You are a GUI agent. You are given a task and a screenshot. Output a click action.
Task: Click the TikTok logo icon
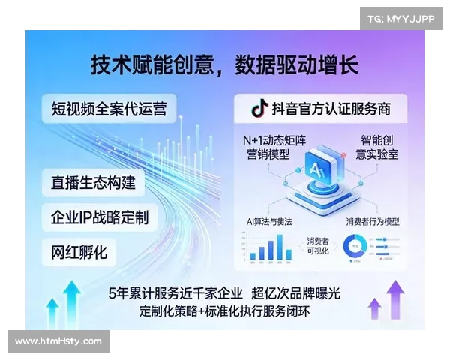coord(259,109)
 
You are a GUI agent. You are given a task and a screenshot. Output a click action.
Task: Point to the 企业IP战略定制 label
coord(99,217)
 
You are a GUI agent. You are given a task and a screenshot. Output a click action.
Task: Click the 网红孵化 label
coord(79,251)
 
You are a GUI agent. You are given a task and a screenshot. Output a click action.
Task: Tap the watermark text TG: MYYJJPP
coord(401,17)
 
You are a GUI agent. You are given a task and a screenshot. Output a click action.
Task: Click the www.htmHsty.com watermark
coord(58,341)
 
